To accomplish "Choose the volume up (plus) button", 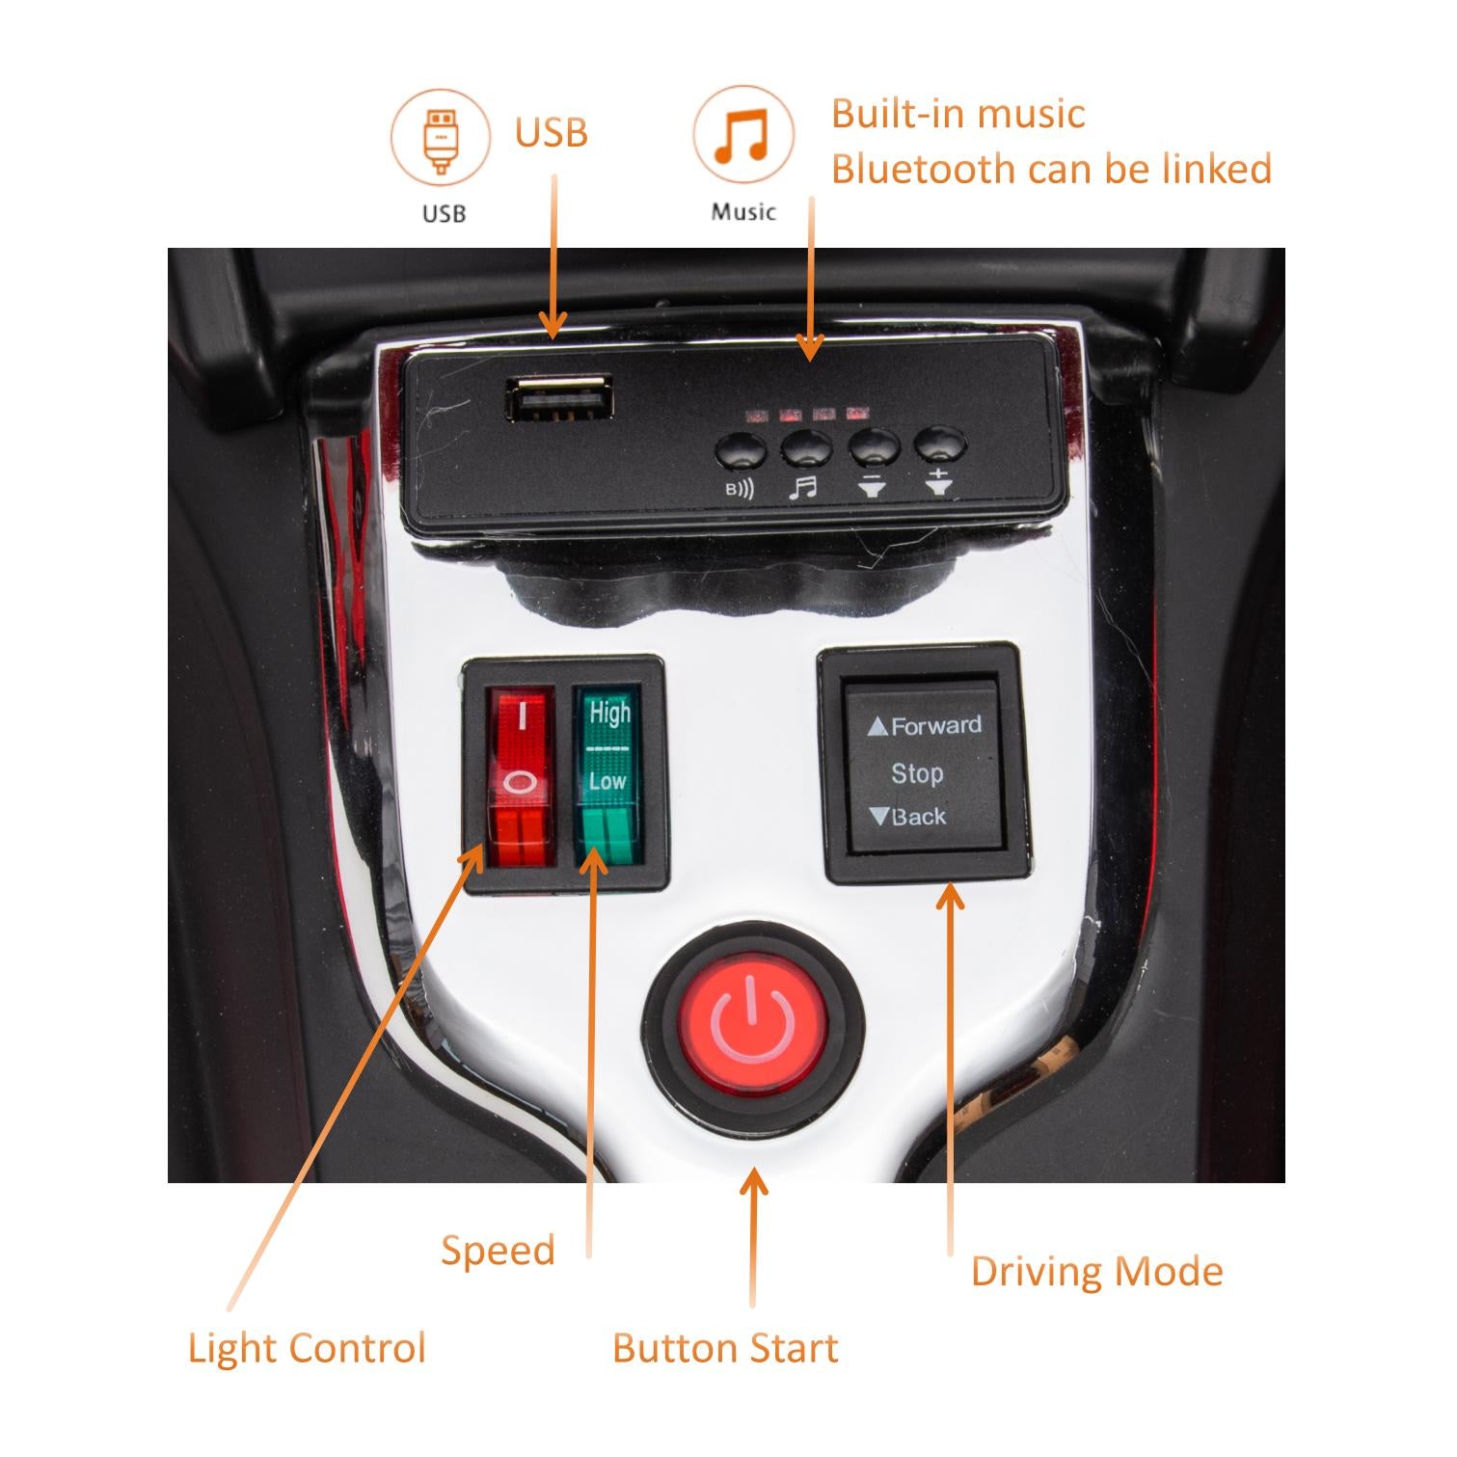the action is click(940, 445).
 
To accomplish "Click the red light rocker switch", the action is click(521, 776).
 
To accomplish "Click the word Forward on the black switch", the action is click(936, 725).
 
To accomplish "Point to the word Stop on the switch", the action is click(917, 773).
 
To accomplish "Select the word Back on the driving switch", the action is click(919, 817).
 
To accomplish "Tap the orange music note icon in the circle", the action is click(742, 134).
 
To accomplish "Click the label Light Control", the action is click(307, 1348).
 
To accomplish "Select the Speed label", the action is click(498, 1252).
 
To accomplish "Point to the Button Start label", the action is click(725, 1348).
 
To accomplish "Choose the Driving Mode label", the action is click(1096, 1272).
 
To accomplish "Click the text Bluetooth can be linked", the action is click(1052, 169).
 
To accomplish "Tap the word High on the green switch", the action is click(610, 714).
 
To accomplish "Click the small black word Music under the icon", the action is click(743, 212).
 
